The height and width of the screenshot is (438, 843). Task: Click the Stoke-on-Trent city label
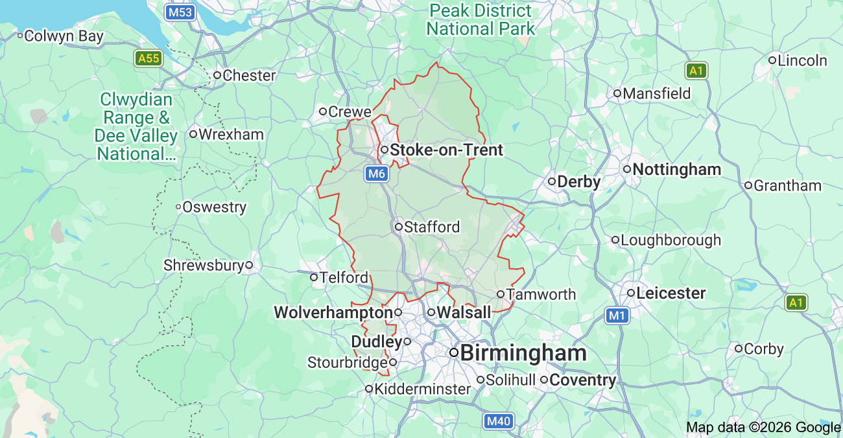[x=446, y=150]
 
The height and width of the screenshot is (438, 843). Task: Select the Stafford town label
[x=431, y=227]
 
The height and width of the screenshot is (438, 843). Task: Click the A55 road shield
[x=148, y=59]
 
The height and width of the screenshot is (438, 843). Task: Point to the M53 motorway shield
[x=180, y=12]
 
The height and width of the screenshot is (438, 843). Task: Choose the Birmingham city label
[x=523, y=353]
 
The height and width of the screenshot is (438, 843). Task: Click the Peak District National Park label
[x=481, y=20]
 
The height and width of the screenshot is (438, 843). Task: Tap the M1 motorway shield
[x=618, y=316]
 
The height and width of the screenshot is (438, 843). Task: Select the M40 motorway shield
[x=499, y=421]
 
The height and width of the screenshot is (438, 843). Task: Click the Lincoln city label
[x=802, y=61]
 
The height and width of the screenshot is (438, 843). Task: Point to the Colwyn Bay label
[x=64, y=36]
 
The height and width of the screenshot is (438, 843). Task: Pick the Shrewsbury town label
[x=204, y=266]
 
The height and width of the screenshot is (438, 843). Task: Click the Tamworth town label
[x=541, y=295]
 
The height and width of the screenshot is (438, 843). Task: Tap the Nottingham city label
[x=676, y=170]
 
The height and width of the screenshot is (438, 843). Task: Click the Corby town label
[x=764, y=349]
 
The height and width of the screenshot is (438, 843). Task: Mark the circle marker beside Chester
[x=217, y=75]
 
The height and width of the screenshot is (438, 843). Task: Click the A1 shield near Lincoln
[x=696, y=71]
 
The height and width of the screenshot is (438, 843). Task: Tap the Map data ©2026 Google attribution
[x=763, y=428]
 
